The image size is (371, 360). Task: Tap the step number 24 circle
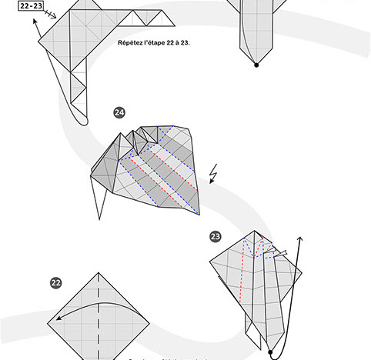(x=119, y=113)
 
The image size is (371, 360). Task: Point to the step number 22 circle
(x=55, y=283)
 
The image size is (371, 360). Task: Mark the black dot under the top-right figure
(x=256, y=65)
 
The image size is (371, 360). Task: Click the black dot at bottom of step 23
(x=271, y=355)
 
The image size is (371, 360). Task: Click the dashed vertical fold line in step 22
(x=99, y=315)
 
